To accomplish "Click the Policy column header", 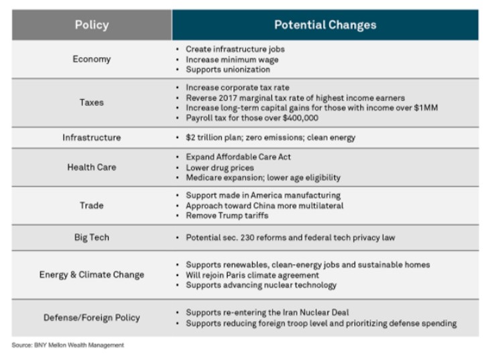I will pos(91,25).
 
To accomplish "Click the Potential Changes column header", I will pos(325,25).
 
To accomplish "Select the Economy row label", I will pos(91,59).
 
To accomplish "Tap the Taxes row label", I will pos(91,103).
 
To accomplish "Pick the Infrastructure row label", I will pos(91,137).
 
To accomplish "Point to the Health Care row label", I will pos(91,167).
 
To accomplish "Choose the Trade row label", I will pos(91,205).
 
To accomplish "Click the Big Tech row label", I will pos(91,237).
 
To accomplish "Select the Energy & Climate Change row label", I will pos(91,274).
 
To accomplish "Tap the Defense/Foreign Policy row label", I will pos(91,317).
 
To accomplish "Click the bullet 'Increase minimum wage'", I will pos(232,59).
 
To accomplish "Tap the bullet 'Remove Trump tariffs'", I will pos(228,216).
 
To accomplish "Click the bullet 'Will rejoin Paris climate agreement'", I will pos(252,275).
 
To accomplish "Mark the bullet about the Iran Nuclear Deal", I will pos(267,312).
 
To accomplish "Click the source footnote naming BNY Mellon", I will pos(68,345).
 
